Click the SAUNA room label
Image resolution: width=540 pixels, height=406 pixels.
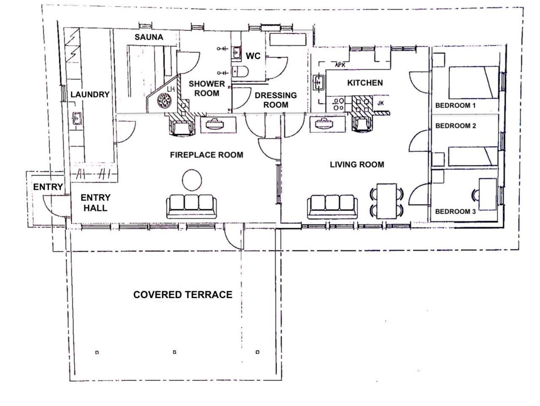click(148, 37)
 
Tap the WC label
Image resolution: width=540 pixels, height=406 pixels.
click(253, 56)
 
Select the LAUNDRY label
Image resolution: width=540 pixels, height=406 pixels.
click(90, 94)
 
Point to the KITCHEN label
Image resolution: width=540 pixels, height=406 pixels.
click(365, 83)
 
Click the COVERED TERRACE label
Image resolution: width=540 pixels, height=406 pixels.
click(183, 295)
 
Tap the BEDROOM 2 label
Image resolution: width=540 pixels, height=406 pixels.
click(456, 126)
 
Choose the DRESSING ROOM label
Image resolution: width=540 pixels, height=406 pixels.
click(275, 100)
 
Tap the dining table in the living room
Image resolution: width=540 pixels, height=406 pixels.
click(386, 201)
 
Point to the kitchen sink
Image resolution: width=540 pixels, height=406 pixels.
click(319, 82)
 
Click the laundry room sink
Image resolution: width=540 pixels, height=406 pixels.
click(77, 118)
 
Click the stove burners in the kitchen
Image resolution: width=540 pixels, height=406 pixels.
click(338, 104)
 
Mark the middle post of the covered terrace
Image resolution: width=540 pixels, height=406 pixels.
click(175, 352)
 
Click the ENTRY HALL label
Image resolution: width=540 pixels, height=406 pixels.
click(95, 202)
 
